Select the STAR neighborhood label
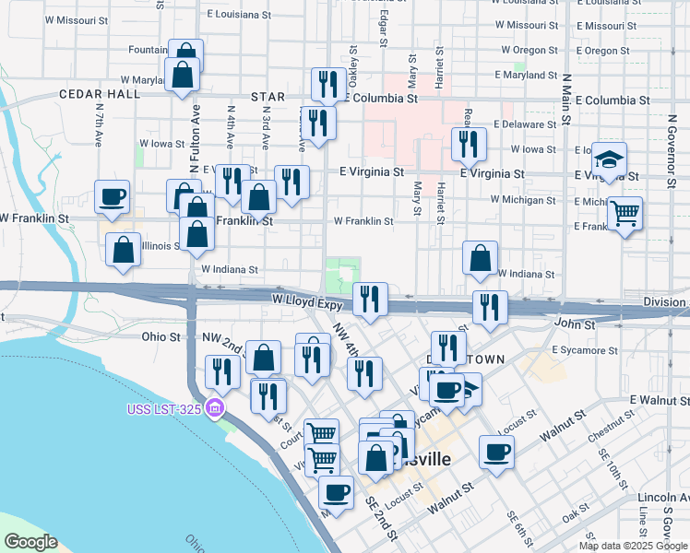268,97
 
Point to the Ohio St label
161,337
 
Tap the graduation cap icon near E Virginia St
609,159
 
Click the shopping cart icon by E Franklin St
625,214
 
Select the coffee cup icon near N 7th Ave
112,196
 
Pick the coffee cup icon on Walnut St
496,452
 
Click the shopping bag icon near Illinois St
123,250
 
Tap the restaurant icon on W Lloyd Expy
370,299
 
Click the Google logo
30,542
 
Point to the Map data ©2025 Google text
632,546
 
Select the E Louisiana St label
239,15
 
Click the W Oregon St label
529,50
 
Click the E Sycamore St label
585,351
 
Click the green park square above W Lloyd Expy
341,274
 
